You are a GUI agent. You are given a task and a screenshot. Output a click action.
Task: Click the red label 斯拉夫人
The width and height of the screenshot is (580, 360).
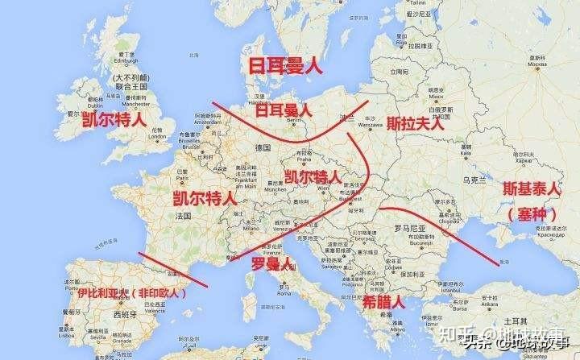pyautogui.click(x=415, y=123)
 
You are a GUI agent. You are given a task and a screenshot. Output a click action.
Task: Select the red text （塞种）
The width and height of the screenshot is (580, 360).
pyautogui.click(x=533, y=215)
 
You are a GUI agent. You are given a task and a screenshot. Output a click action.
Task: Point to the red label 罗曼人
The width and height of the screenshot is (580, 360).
pyautogui.click(x=270, y=264)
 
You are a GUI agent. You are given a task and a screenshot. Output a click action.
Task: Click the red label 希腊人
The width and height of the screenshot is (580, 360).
pyautogui.click(x=382, y=303)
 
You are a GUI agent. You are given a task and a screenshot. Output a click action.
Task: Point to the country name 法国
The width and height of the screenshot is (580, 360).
pyautogui.click(x=183, y=217)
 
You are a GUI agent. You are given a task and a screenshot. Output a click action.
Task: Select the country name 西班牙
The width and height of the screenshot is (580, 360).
pyautogui.click(x=124, y=315)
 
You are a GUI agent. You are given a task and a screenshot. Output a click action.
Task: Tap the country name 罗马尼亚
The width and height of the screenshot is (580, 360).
pyautogui.click(x=407, y=228)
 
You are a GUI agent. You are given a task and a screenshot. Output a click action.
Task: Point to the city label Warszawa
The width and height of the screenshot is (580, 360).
pyautogui.click(x=368, y=125)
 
